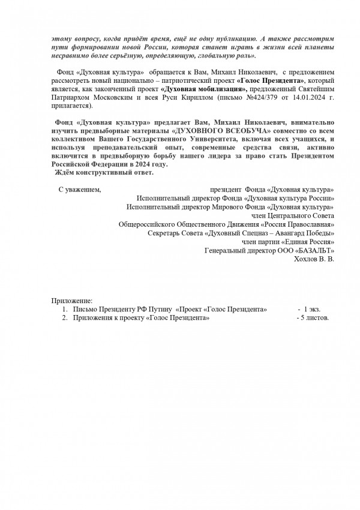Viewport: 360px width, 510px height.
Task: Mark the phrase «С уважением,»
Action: click(80, 190)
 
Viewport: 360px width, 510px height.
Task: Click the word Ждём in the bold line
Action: click(65, 173)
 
